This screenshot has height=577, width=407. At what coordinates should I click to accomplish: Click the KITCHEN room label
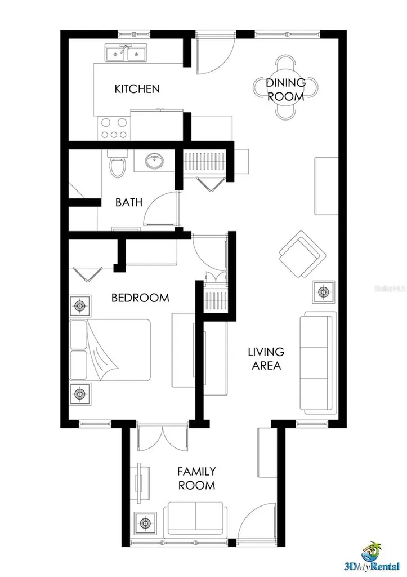137,89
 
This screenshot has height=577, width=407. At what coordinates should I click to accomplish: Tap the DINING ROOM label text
285,90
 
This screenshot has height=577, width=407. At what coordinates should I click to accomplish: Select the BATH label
129,202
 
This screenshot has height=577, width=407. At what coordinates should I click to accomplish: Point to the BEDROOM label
140,298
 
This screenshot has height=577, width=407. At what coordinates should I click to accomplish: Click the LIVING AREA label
266,358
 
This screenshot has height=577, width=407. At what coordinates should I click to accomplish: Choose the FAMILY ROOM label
196,478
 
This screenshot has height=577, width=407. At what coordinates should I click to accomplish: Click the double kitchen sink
125,54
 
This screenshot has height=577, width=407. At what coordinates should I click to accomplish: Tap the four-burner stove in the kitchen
114,128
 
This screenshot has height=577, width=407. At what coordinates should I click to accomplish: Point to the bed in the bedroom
110,350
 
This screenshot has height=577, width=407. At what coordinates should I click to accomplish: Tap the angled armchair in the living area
302,253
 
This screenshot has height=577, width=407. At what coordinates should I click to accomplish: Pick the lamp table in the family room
147,523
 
